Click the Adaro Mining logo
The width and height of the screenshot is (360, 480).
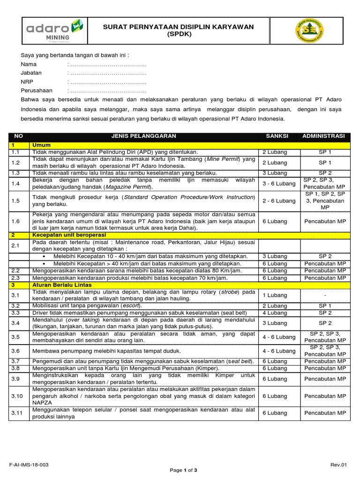point(54,30)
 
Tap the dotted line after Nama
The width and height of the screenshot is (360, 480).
point(107,64)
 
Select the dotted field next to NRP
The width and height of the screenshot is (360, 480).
point(107,82)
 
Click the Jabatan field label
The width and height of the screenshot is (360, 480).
point(31,73)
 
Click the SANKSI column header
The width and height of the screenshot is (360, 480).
point(277,136)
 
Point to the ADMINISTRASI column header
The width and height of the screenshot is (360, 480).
point(324,136)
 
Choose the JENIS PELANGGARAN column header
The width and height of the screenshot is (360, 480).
point(143,136)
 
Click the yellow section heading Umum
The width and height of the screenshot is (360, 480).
point(41,145)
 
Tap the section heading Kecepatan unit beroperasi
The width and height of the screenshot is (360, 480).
point(69,234)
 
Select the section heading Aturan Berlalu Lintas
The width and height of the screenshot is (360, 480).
point(62,285)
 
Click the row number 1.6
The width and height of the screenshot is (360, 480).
point(16,221)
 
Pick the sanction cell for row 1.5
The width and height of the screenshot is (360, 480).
point(278,201)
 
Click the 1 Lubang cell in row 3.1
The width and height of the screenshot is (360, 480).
point(275,295)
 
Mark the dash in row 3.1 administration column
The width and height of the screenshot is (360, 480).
point(325,295)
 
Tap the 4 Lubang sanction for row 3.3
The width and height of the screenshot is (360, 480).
point(275,313)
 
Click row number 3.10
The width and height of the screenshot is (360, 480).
point(17,396)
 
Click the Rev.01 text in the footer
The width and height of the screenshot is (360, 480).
point(338,465)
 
